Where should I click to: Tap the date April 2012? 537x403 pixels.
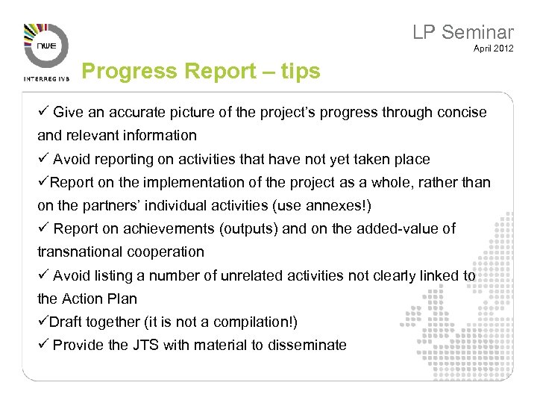[493, 49]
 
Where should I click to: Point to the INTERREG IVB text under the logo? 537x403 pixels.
[45, 78]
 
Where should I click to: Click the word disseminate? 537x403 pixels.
[307, 345]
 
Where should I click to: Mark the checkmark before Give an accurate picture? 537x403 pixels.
[43, 112]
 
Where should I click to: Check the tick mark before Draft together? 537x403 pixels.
[43, 322]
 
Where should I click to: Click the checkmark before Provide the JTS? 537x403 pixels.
[43, 345]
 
